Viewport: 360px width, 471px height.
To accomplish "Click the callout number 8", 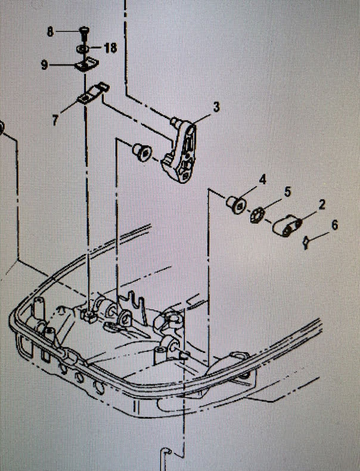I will click(50, 32).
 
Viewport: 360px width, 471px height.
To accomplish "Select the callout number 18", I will click(111, 47).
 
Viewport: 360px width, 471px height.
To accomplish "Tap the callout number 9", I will click(45, 66).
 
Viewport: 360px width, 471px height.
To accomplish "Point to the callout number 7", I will click(55, 120).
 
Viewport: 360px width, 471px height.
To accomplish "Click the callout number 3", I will click(216, 107).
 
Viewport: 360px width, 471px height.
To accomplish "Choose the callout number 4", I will click(262, 178).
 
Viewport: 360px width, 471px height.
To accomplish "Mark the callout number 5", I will click(287, 191).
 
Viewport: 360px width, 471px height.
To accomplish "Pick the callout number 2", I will click(322, 206).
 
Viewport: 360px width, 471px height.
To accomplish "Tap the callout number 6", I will click(334, 225).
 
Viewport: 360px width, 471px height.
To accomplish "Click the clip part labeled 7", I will click(92, 95).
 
